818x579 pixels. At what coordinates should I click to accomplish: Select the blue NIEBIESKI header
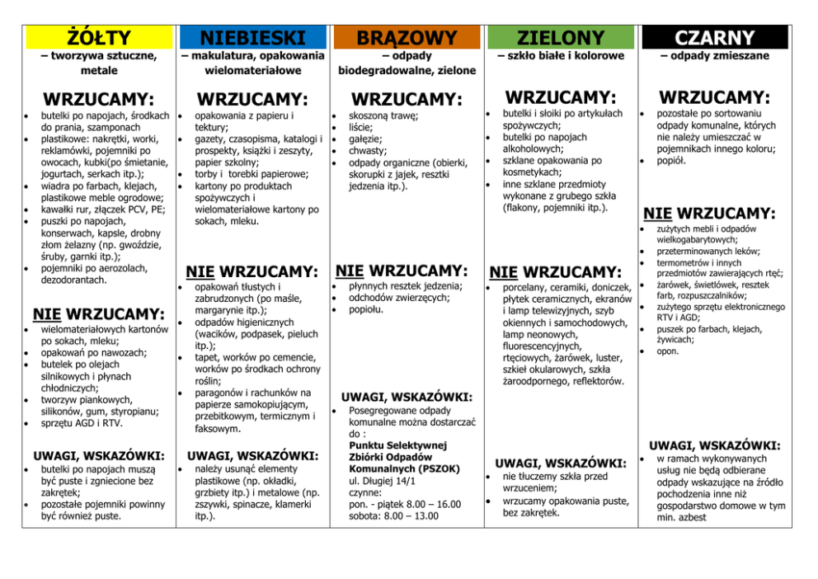click(252, 37)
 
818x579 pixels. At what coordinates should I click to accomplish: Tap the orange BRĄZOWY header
click(407, 37)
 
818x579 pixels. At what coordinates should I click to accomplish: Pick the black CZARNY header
click(714, 37)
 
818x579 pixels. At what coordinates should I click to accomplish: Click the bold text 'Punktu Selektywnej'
click(397, 445)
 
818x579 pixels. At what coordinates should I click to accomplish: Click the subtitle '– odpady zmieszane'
click(714, 56)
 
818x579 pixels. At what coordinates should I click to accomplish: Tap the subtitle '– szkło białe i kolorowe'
click(561, 56)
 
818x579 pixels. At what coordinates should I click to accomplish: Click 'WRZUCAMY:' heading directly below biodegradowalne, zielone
click(407, 99)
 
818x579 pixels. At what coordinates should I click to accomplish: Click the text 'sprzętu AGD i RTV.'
click(82, 423)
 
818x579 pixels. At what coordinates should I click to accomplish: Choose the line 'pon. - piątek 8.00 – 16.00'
click(405, 504)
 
